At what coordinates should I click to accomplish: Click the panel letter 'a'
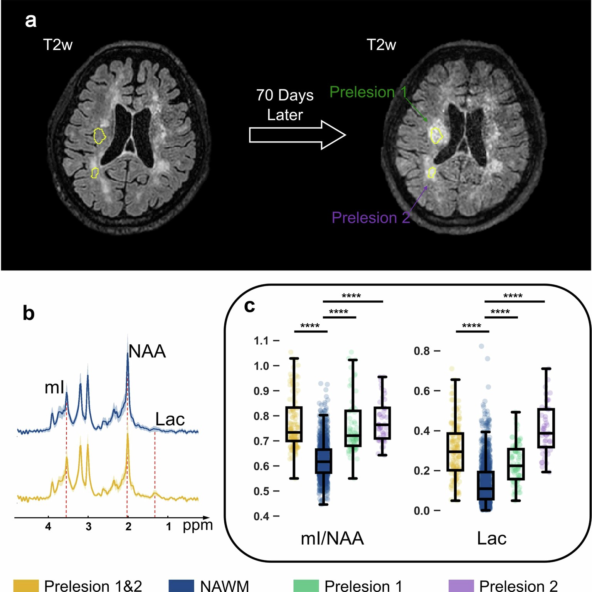pyautogui.click(x=31, y=20)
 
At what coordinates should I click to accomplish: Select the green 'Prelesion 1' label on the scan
pyautogui.click(x=368, y=92)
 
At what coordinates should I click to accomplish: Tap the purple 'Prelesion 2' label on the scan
pyautogui.click(x=370, y=218)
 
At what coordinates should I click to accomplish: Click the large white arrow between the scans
pyautogui.click(x=297, y=135)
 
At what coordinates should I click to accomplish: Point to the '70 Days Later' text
pyautogui.click(x=285, y=105)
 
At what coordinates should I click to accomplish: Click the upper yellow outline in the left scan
pyautogui.click(x=99, y=136)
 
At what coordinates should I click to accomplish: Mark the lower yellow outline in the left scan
pyautogui.click(x=95, y=173)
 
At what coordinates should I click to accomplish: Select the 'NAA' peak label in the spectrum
pyautogui.click(x=147, y=351)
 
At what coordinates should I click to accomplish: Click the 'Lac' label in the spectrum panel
pyautogui.click(x=170, y=419)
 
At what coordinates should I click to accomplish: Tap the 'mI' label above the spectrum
pyautogui.click(x=54, y=387)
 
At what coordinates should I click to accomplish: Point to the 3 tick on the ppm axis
pyautogui.click(x=88, y=526)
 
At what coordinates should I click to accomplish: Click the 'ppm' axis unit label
pyautogui.click(x=198, y=525)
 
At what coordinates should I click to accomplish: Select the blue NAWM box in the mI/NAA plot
pyautogui.click(x=323, y=461)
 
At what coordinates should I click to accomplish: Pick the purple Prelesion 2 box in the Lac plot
pyautogui.click(x=546, y=428)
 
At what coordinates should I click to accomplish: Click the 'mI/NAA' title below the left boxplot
pyautogui.click(x=332, y=538)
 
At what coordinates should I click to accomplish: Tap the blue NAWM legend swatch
pyautogui.click(x=181, y=585)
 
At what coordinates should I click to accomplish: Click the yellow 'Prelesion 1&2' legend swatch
pyautogui.click(x=26, y=585)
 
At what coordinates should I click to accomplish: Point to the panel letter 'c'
pyautogui.click(x=249, y=306)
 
